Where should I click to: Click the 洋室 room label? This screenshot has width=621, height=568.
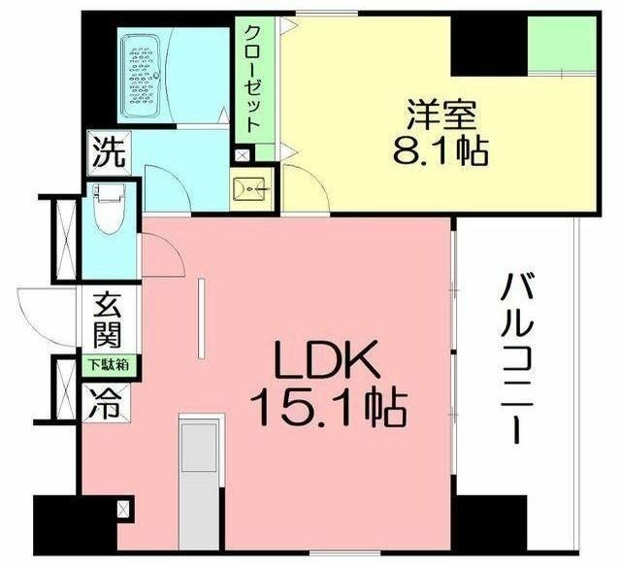click(441, 116)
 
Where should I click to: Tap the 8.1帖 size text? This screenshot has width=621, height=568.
click(441, 150)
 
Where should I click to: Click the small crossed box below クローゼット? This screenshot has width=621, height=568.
click(242, 154)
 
